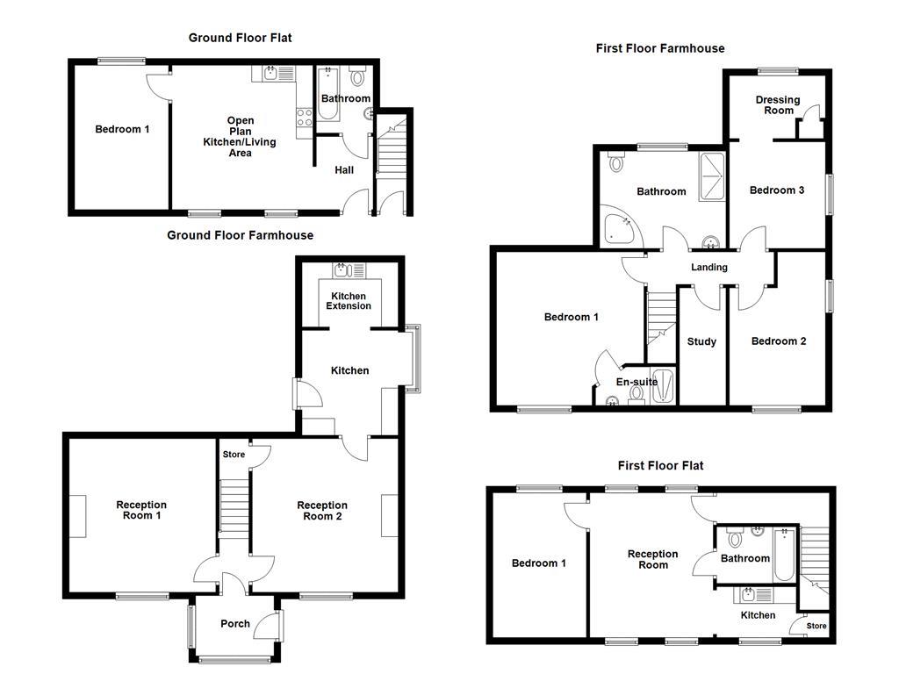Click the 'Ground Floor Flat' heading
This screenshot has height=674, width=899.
[x=240, y=38]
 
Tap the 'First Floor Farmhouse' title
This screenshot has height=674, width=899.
[x=659, y=48]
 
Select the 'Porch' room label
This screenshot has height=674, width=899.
[x=234, y=624]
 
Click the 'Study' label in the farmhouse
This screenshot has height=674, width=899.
[x=701, y=341]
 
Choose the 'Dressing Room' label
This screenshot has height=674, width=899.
[x=778, y=105]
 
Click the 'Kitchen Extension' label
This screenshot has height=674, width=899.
[x=349, y=300]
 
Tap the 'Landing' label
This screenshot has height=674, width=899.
[x=708, y=268]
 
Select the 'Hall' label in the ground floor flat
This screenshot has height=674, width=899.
[x=344, y=169]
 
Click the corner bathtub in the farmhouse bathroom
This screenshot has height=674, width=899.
[x=621, y=226]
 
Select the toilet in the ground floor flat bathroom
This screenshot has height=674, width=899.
[x=357, y=73]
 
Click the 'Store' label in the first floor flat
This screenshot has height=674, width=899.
[x=816, y=626]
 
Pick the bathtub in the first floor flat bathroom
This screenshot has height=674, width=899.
[x=784, y=554]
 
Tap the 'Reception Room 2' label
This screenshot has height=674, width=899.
[x=322, y=511]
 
